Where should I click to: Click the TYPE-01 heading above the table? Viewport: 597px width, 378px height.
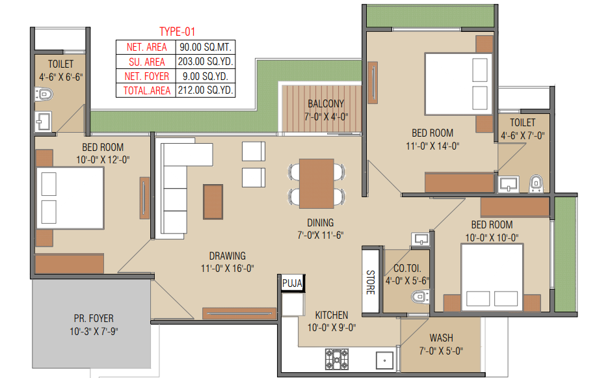[x=177, y=32]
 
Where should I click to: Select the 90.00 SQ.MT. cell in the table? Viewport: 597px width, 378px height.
[x=206, y=47]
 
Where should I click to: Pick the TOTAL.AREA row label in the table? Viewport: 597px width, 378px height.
[x=146, y=90]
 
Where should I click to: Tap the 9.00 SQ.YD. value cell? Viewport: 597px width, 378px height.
[x=206, y=76]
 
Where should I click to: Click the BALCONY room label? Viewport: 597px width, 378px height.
[x=326, y=103]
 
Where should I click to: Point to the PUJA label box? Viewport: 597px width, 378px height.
[x=293, y=284]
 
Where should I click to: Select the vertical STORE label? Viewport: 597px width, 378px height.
[x=371, y=282]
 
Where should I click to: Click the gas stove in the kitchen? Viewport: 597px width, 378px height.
[x=337, y=359]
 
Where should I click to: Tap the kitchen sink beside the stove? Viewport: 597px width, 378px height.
[x=384, y=360]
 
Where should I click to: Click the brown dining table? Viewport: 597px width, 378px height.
[x=317, y=183]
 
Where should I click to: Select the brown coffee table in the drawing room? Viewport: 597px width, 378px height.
[x=213, y=202]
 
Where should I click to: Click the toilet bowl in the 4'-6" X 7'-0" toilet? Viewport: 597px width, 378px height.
[x=536, y=183]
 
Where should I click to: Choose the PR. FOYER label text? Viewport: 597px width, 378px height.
[x=94, y=319]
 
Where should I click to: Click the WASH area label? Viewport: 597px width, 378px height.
[x=442, y=338]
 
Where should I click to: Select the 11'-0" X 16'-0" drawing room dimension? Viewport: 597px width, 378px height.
[x=228, y=269]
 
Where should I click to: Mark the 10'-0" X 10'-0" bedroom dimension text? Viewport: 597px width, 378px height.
[x=492, y=237]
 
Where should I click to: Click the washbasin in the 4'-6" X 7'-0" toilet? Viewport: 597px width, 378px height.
[x=509, y=184]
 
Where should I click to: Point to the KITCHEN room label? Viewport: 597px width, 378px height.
[x=331, y=315]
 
